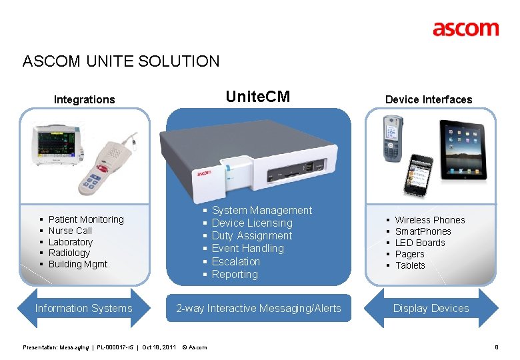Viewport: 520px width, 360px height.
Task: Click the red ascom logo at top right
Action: click(465, 29)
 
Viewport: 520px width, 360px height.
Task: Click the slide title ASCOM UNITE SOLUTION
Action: click(121, 62)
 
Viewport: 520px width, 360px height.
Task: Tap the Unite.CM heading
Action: click(258, 97)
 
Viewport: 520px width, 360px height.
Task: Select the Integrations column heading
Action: click(85, 100)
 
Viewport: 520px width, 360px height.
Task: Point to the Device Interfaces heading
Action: click(429, 100)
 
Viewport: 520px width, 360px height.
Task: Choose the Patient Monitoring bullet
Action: click(86, 219)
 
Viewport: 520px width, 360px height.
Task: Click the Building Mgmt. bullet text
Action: click(79, 264)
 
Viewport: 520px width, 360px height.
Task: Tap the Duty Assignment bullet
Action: click(252, 235)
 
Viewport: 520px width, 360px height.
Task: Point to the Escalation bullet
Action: click(236, 261)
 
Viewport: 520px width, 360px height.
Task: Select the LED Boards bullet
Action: click(420, 243)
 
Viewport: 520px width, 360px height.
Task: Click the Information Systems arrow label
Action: click(83, 308)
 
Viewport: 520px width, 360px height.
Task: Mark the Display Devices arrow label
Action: click(431, 308)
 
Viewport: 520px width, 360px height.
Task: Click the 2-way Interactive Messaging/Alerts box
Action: click(258, 308)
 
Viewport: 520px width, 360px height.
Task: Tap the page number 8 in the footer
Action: click(497, 347)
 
